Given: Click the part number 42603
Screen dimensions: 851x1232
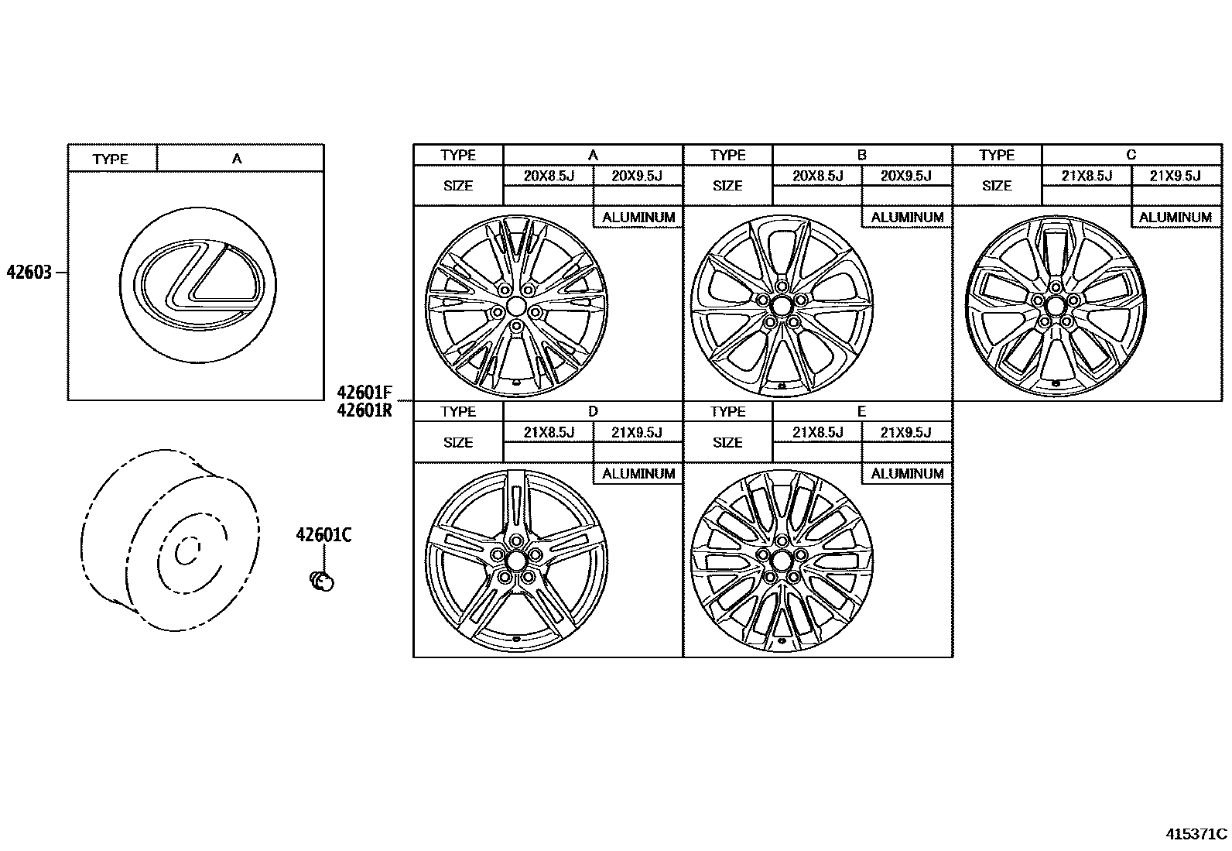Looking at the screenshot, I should coord(29,273).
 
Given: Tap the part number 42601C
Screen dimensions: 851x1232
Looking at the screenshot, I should coord(323,534).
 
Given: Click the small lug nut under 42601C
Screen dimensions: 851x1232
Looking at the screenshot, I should coord(321,582).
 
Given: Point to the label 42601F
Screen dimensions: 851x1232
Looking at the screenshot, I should coord(364,393).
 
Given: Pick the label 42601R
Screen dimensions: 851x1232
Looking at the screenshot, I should coord(364,410).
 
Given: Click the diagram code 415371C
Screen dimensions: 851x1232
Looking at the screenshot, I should coord(1196,834).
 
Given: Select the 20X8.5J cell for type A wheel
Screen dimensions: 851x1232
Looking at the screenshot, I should coord(548,176).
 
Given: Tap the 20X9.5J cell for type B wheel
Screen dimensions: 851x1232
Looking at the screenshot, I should coord(906,176).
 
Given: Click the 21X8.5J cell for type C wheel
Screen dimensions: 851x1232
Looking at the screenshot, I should coord(1086,176).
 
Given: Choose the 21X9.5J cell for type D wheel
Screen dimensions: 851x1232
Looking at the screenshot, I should coord(637,432).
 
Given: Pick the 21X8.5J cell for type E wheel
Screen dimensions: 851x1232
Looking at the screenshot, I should coord(817,432).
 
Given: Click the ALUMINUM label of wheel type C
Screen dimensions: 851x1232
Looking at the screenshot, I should coord(1175,218).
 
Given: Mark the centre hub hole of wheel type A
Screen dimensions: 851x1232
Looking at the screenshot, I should coord(516,306).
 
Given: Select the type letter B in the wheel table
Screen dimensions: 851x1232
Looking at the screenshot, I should coord(862,155).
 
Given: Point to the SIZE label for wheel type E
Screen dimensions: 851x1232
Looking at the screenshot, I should coord(727,443).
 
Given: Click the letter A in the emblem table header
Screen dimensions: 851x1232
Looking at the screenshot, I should coord(237,158).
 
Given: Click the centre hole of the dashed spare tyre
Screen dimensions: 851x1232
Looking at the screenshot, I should coord(186,552).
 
